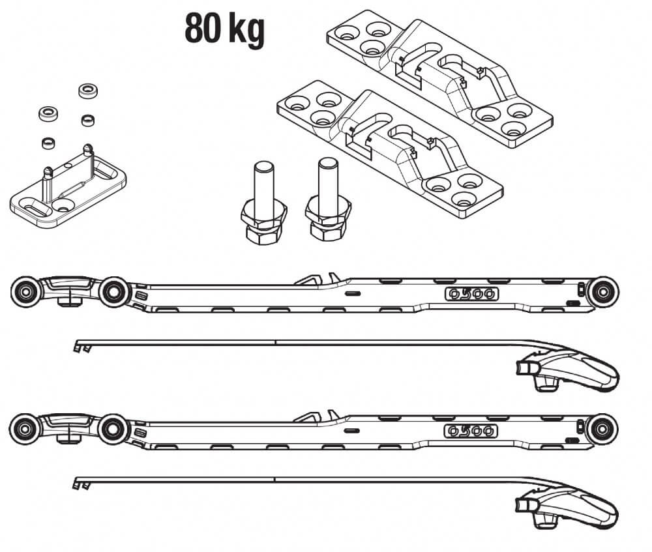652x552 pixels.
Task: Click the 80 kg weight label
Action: pos(224,28)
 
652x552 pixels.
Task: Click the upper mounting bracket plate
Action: pos(440,76)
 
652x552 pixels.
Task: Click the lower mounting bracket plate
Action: pos(389,149)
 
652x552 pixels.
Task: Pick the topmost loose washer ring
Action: pos(87,91)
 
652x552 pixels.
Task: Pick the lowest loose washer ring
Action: pos(47,141)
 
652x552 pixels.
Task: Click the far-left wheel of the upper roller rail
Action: pos(25,291)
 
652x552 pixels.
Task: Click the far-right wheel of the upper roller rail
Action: pos(602,291)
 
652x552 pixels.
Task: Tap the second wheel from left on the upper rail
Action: pos(114,291)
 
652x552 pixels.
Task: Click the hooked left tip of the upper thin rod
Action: pos(81,345)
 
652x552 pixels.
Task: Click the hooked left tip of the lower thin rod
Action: pos(81,482)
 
